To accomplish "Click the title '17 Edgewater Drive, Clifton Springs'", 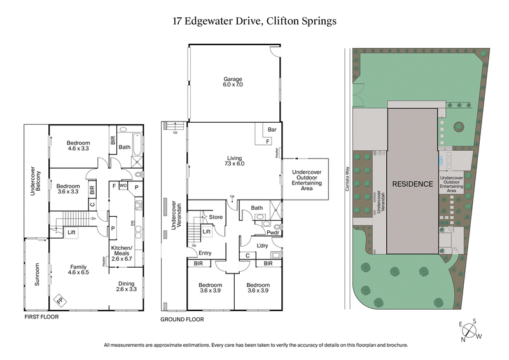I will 254,21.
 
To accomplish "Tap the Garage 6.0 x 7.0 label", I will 233,81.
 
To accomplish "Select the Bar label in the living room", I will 272,129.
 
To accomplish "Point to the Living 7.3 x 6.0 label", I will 233,160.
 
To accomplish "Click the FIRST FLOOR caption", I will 42,316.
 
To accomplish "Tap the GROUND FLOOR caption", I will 182,319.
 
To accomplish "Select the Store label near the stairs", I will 216,218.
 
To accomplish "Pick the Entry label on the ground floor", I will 206,253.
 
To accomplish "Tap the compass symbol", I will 470,331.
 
